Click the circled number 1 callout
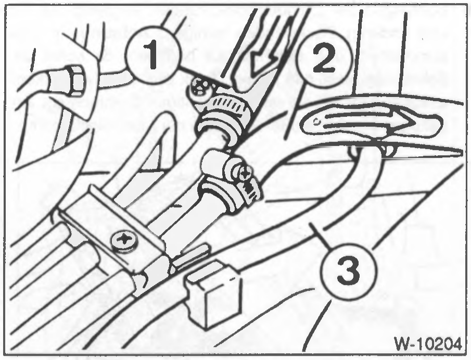coord(154,55)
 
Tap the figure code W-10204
coord(427,343)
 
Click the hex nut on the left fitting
coord(74,81)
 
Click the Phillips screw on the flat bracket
coord(124,240)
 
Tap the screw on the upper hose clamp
coord(199,86)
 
